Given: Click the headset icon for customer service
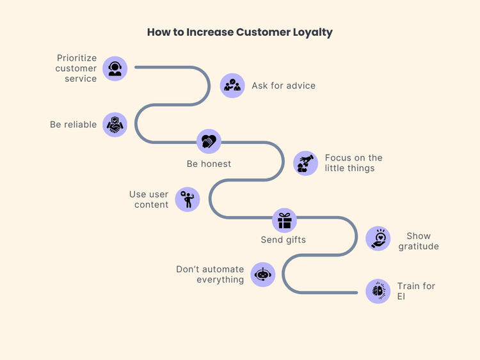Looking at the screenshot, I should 115,68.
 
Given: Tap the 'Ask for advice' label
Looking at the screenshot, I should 283,86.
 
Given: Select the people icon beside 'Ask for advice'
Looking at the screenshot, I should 232,86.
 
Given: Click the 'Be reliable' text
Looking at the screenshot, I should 73,125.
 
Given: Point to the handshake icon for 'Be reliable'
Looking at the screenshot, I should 115,125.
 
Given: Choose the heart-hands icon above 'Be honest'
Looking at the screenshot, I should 209,141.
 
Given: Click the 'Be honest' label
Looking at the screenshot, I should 209,164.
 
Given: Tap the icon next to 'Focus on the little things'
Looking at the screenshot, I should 305,163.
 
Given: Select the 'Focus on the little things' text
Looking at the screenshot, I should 353,163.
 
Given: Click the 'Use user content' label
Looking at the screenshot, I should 148,200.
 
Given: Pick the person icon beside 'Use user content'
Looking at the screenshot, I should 188,200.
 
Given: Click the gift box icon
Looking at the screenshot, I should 284,221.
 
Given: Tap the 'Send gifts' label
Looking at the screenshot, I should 283,240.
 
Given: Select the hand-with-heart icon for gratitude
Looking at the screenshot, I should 378,239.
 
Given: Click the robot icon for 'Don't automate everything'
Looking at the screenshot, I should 263,274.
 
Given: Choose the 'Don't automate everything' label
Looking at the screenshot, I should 210,274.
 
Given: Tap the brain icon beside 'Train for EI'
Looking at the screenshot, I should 378,291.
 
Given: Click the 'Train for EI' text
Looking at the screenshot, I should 415,291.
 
